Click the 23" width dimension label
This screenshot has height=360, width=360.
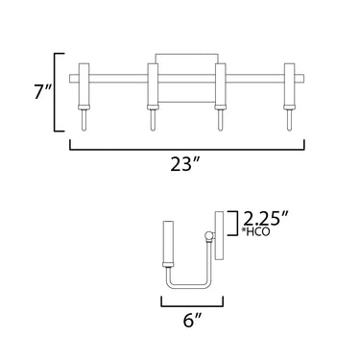185,164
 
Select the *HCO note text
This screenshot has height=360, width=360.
256,231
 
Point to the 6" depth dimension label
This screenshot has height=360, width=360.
193,320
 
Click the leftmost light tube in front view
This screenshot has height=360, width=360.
84,84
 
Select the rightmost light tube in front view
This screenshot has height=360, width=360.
290,84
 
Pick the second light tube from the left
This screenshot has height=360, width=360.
153,84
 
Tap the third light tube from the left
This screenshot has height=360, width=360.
221,84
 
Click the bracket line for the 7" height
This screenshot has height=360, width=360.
55,92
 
